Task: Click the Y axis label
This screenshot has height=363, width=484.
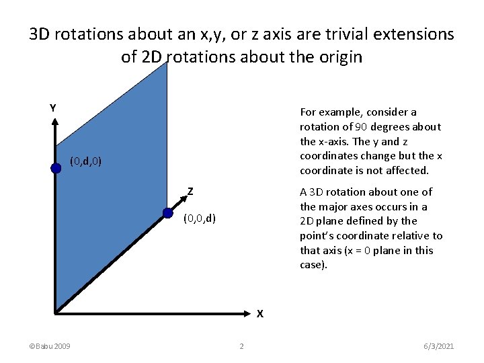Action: point(52,108)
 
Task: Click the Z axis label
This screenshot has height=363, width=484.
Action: point(191,192)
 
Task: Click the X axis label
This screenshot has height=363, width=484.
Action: point(259,313)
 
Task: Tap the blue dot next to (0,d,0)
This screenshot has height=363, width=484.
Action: point(56,169)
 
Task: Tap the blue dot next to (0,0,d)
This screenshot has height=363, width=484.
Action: point(167,214)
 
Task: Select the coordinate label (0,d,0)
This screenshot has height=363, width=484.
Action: point(86,161)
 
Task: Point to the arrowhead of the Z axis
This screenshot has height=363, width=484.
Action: point(182,198)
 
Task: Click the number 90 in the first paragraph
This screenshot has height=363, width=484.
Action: point(360,127)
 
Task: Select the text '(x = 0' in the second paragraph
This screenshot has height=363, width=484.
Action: point(357,251)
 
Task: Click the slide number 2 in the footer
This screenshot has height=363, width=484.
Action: point(241,346)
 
